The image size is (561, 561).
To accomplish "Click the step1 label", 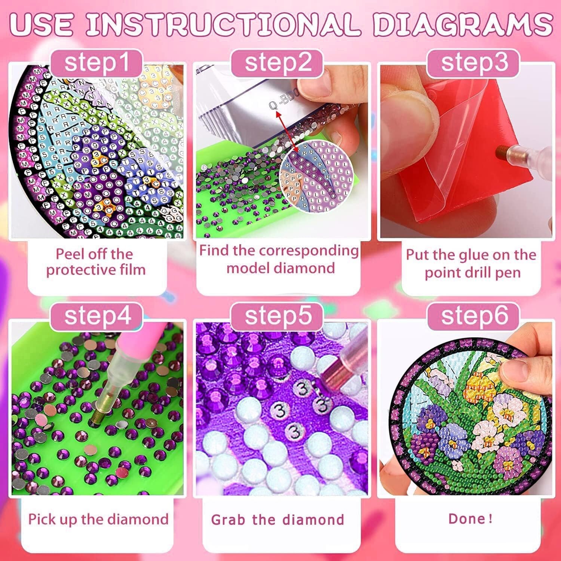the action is pyautogui.click(x=96, y=62).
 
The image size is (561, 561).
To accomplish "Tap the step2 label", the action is pyautogui.click(x=278, y=62).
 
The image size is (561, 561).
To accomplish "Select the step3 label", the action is pyautogui.click(x=474, y=62).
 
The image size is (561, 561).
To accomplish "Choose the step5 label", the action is pyautogui.click(x=278, y=316).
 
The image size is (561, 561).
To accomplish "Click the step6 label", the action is pyautogui.click(x=474, y=316).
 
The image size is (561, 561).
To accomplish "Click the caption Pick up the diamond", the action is pyautogui.click(x=98, y=519).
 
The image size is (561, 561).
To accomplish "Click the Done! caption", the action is pyautogui.click(x=470, y=519).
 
